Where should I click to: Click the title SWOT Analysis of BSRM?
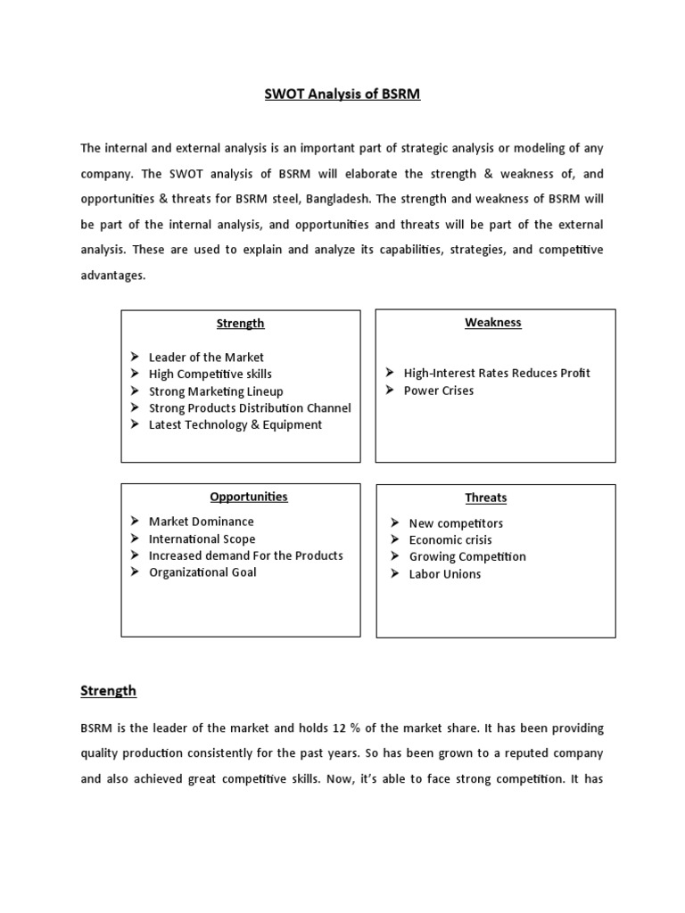click(x=342, y=94)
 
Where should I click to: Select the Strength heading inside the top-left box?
click(x=241, y=323)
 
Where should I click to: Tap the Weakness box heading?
click(x=493, y=322)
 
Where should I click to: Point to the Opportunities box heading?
click(x=249, y=496)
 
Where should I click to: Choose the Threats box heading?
click(x=486, y=498)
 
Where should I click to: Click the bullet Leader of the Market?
click(x=206, y=357)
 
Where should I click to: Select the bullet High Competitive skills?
click(x=210, y=374)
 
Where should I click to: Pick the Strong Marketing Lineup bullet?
click(x=216, y=391)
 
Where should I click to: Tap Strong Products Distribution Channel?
click(x=250, y=407)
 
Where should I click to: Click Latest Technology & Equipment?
click(x=235, y=424)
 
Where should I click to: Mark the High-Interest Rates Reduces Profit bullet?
click(x=497, y=373)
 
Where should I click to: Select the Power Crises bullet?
click(x=439, y=391)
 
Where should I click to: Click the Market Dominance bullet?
click(x=202, y=521)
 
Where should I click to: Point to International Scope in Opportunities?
click(x=202, y=539)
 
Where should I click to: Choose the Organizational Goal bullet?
click(x=202, y=572)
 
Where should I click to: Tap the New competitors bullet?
click(x=456, y=522)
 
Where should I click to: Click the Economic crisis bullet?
click(x=450, y=539)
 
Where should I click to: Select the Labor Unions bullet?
click(x=445, y=573)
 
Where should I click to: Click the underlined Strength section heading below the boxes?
click(x=108, y=690)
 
